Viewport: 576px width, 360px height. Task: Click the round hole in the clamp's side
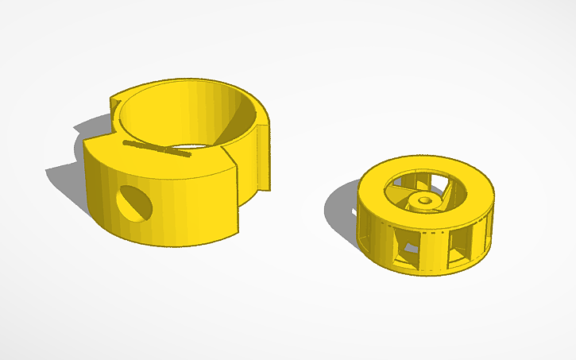(133, 204)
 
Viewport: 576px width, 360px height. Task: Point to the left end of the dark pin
(126, 142)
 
